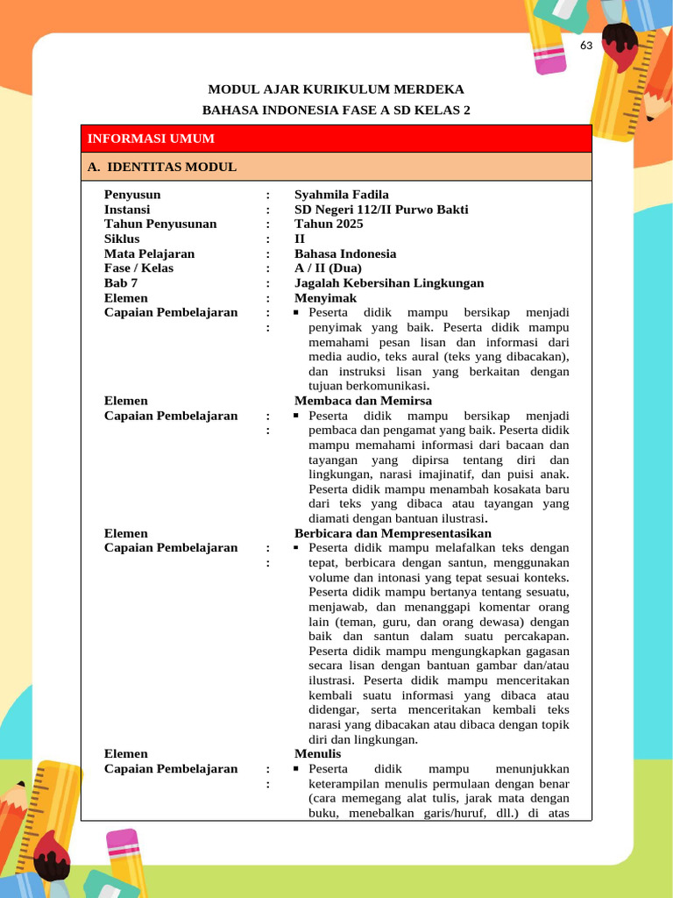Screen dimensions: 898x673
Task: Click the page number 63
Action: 586,46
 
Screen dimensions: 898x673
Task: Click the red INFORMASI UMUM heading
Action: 151,139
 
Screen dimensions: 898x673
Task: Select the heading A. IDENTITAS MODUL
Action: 162,167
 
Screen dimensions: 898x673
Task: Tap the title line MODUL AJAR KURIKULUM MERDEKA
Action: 336,89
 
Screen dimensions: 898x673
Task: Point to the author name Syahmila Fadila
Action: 341,195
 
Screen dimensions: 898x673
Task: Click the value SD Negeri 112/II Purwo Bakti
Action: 380,210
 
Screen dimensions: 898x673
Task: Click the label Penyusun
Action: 132,195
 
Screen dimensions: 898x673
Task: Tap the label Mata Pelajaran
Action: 149,253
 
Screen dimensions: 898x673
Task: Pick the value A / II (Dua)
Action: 328,267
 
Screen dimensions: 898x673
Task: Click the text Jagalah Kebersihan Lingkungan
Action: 388,282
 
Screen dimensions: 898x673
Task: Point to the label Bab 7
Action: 121,282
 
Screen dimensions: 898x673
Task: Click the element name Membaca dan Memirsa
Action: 363,401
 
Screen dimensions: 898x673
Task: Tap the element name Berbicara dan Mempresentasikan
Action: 393,533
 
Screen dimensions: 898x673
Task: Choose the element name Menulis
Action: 317,753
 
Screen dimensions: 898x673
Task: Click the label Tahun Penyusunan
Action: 160,224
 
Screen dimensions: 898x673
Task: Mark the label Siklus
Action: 122,239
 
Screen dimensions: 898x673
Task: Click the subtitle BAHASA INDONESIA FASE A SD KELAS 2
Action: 336,110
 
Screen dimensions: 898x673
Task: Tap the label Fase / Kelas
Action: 138,267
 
